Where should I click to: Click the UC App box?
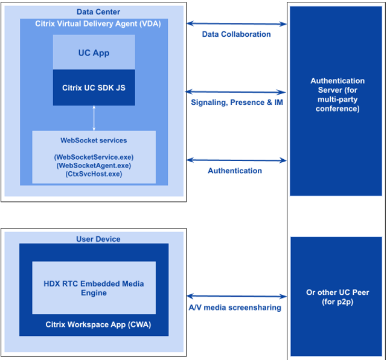(94, 52)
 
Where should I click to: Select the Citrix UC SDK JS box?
(94, 87)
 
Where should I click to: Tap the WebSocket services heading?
(94, 141)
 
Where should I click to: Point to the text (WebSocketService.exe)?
(94, 157)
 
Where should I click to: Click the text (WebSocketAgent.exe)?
(94, 165)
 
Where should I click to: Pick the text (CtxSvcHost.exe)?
(94, 174)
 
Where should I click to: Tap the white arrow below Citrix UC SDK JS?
(94, 118)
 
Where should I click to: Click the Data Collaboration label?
(236, 34)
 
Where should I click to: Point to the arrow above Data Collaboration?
(236, 24)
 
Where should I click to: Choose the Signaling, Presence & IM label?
(237, 103)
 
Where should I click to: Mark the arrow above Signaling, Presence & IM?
(236, 92)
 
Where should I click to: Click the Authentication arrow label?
(235, 171)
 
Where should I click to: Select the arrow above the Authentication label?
(236, 160)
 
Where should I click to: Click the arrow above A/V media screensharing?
(236, 296)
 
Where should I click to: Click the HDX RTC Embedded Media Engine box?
(94, 288)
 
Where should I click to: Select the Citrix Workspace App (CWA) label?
(94, 324)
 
